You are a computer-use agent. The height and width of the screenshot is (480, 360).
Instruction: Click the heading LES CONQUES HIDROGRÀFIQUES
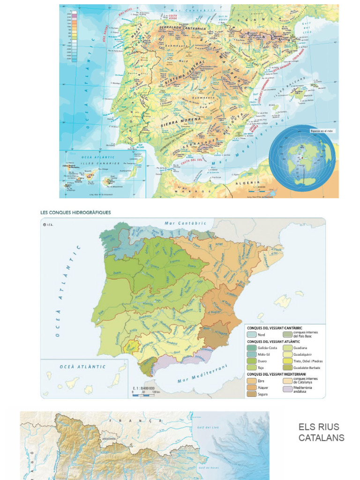pos(76,212)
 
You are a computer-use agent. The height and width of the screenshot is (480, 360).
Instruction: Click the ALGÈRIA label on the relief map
pos(249,182)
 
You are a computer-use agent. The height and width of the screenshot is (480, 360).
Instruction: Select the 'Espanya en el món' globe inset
pos(302,158)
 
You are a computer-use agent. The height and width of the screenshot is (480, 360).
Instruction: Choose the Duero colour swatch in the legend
pos(251,361)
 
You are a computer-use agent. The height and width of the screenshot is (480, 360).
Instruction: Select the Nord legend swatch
pos(251,335)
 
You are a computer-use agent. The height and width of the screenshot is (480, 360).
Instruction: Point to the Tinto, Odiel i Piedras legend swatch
pos(287,361)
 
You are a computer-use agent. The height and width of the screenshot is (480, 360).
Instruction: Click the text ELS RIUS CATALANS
pos(321,432)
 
